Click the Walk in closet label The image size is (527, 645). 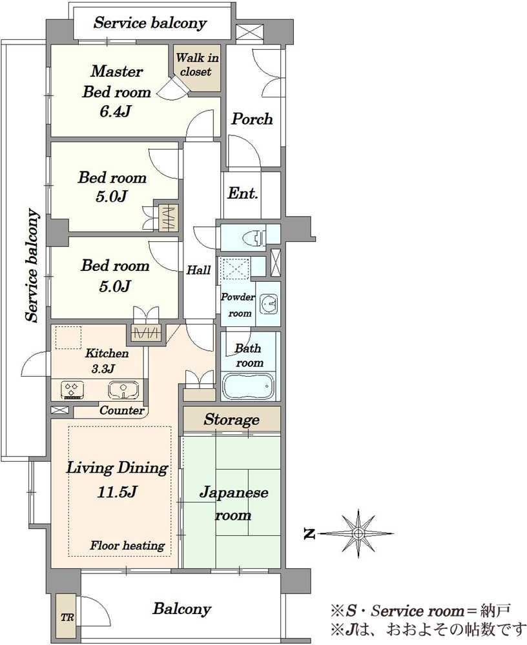pos(196,65)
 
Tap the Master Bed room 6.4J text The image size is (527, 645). pos(116,92)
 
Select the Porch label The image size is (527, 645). pos(252,119)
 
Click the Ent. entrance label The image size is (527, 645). pos(243,193)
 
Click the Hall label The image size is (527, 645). pos(199,270)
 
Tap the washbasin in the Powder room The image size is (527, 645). pos(269,304)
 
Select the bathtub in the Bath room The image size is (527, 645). pos(248,386)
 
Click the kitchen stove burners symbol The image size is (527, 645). pos(73,390)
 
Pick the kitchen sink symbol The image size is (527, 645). pos(124,390)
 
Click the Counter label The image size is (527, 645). pos(122,410)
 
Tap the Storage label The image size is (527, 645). pos(232,420)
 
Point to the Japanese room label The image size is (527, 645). pos(234,504)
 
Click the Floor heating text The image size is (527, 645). pos(127,546)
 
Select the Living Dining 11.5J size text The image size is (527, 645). pos(117,480)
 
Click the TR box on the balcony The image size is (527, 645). pos(67,617)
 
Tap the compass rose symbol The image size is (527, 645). pos(358,533)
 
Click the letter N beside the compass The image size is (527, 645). pos(309,534)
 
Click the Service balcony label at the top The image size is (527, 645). pos(150,23)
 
